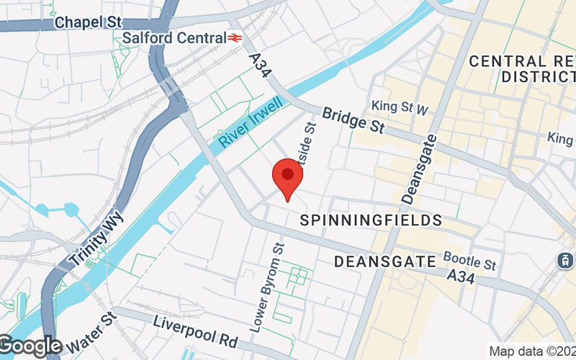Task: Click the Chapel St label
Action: coord(89,22)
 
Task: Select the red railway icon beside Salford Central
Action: coord(235,37)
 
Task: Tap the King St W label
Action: coord(400,107)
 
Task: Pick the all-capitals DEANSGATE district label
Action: coord(385,261)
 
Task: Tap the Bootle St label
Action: coord(470,260)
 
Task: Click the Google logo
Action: coord(30,346)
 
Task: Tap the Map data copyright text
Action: coord(531,351)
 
